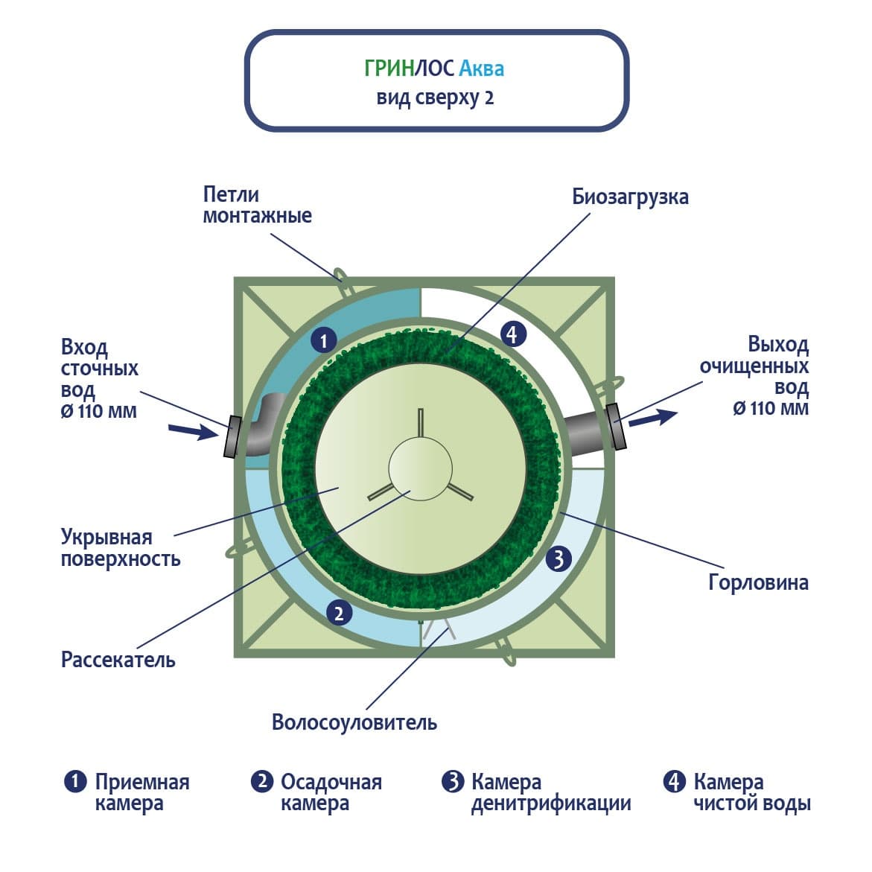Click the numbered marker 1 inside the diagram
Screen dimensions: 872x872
[x=323, y=342]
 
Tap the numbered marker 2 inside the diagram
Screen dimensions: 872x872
[x=339, y=613]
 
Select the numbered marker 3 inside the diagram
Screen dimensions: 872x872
[x=558, y=558]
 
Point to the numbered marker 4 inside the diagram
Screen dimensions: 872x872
[x=512, y=334]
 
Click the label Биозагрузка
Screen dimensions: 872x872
[x=630, y=197]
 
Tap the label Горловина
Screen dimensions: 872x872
[x=758, y=582]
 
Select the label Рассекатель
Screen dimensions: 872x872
[x=118, y=660]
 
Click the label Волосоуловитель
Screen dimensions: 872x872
[x=354, y=722]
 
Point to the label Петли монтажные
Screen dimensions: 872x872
[x=257, y=205]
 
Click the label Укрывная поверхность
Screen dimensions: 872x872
[x=121, y=547]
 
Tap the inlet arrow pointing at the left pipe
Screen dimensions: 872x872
[x=192, y=430]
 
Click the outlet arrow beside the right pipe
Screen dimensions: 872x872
[x=653, y=419]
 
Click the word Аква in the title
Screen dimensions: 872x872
[x=481, y=69]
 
